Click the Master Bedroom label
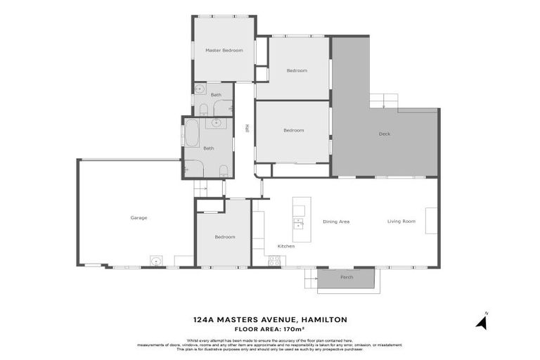[224, 51]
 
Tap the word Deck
[384, 134]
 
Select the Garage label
[139, 218]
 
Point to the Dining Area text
[336, 221]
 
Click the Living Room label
[401, 221]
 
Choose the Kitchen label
[286, 246]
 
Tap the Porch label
[347, 277]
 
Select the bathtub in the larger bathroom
[191, 133]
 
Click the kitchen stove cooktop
[274, 261]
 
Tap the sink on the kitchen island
[299, 224]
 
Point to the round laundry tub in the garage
[156, 261]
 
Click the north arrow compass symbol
[482, 322]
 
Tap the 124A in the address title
[205, 319]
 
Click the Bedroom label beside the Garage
[225, 237]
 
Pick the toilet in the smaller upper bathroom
[203, 109]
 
